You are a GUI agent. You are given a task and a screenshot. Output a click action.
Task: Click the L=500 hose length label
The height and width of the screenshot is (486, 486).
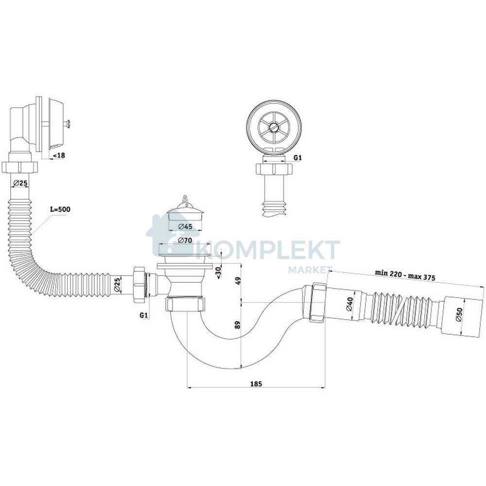[x=60, y=209]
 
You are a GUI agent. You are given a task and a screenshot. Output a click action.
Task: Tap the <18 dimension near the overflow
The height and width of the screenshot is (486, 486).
[x=59, y=156]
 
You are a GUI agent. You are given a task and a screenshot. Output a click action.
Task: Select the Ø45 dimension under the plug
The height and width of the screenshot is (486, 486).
[x=186, y=226]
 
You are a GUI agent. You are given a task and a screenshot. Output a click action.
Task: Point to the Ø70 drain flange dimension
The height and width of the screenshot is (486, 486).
[x=185, y=240]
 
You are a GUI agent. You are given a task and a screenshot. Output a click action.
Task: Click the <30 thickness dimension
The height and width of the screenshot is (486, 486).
[x=219, y=272]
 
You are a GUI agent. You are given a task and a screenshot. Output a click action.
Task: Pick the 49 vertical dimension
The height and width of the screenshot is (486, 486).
[x=238, y=282]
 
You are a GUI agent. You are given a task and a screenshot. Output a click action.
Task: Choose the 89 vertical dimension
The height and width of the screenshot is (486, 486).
[x=238, y=325]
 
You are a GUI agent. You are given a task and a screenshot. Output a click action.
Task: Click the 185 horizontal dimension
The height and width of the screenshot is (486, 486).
[x=256, y=384]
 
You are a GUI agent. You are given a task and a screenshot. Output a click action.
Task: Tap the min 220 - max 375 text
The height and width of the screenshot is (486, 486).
[x=405, y=275]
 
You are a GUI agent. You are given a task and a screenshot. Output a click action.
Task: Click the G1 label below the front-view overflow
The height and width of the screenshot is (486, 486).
[x=297, y=158]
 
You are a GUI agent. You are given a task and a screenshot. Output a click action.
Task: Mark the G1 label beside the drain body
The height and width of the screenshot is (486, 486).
[x=143, y=315]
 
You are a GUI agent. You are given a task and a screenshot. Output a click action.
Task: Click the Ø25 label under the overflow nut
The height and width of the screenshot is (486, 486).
[x=20, y=183]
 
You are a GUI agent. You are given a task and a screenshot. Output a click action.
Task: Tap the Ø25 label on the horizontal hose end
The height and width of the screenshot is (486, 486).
[x=117, y=285]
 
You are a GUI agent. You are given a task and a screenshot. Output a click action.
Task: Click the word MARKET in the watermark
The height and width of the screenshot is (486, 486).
[x=310, y=270]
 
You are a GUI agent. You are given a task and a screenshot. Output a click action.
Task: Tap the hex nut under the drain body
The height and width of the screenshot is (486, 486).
[x=185, y=304]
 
